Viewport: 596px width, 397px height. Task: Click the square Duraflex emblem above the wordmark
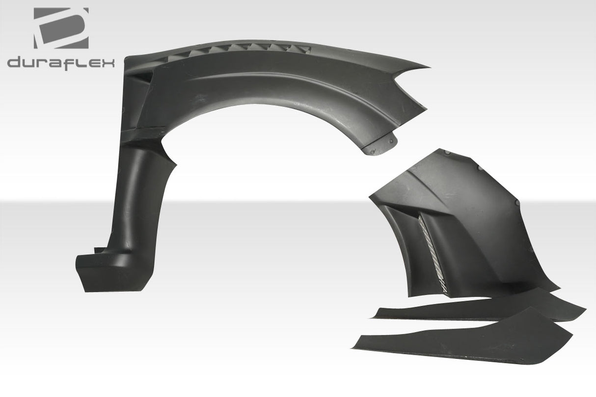61,28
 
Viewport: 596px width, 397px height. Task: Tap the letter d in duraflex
14,63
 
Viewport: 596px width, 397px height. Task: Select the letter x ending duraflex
108,63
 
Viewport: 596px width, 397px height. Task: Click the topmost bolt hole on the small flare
477,167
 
